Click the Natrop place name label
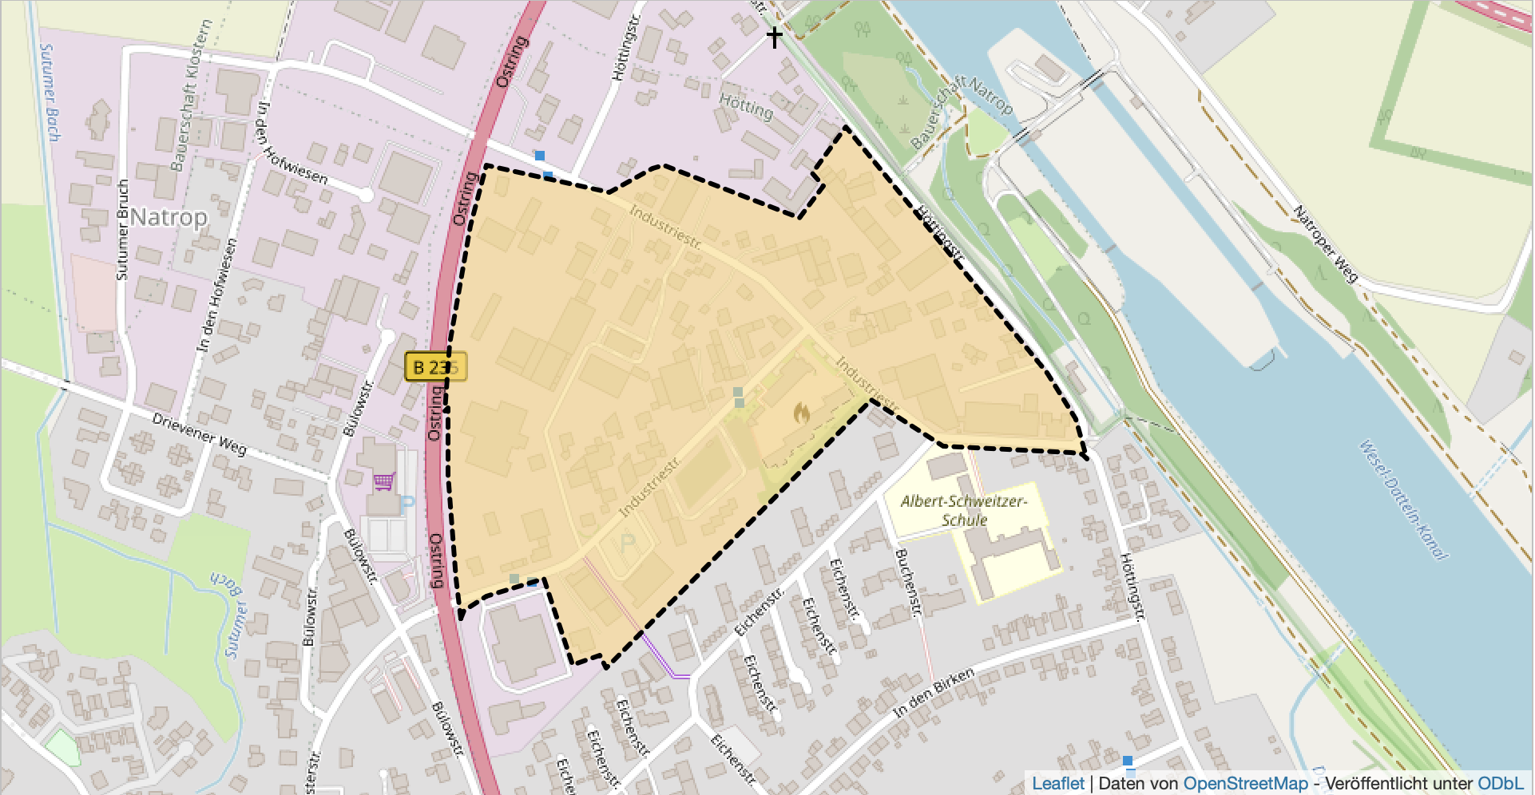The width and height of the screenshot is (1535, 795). (169, 217)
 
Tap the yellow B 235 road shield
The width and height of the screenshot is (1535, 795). (434, 367)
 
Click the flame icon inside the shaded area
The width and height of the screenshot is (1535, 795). (802, 413)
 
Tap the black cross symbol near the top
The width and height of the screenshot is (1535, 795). (774, 37)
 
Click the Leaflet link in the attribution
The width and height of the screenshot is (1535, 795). (1057, 784)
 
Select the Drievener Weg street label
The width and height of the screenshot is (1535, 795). (200, 434)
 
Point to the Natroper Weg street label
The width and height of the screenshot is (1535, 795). (1325, 244)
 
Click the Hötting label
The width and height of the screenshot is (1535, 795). (746, 106)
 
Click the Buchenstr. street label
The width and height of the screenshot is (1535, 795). (908, 583)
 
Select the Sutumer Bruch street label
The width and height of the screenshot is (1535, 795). (122, 230)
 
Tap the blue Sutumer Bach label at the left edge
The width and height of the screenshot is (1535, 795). (50, 93)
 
